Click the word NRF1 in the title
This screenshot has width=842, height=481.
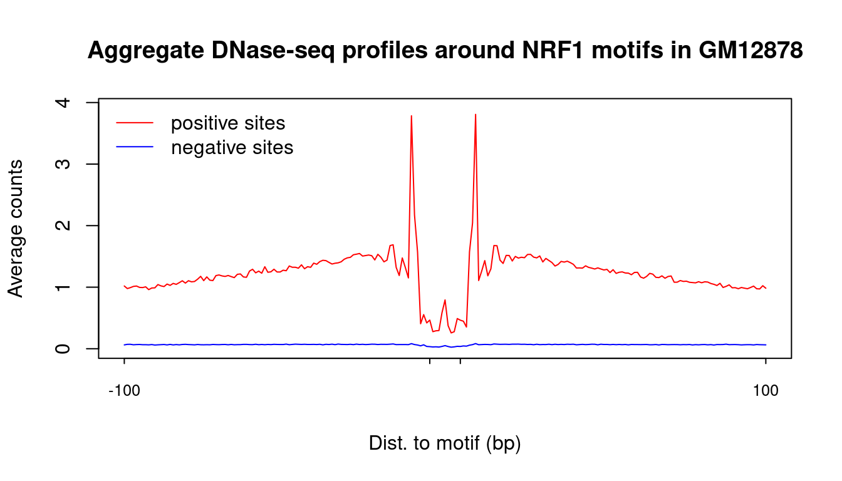[x=553, y=50]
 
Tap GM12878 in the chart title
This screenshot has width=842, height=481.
[x=751, y=50]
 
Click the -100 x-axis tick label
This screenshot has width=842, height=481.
[x=125, y=391]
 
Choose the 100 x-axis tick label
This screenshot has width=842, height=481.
[x=766, y=391]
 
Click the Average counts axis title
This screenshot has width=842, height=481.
[x=16, y=229]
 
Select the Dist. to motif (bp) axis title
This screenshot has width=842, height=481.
[x=445, y=443]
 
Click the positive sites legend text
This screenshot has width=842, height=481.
[x=228, y=123]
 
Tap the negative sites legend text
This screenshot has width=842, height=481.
[x=232, y=147]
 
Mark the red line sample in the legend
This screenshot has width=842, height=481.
[x=135, y=123]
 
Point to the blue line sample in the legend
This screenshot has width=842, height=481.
[x=135, y=147]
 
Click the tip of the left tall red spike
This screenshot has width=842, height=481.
[x=412, y=116]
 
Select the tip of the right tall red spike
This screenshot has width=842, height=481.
[x=476, y=114]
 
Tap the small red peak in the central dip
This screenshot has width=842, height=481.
[x=445, y=300]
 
